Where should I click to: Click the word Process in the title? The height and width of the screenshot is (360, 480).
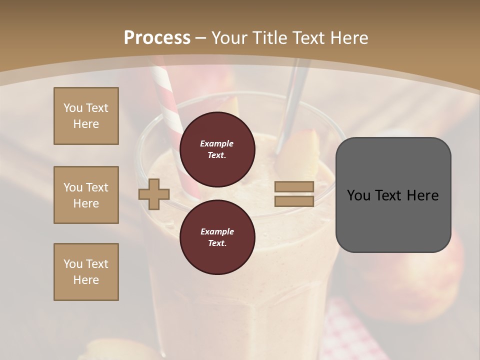(x=157, y=37)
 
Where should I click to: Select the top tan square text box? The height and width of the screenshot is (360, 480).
(x=86, y=116)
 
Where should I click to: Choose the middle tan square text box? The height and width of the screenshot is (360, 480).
(x=86, y=195)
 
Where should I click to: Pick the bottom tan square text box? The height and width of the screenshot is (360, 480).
(x=86, y=272)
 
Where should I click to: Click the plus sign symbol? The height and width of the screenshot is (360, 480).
(x=154, y=194)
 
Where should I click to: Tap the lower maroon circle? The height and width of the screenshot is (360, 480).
(x=217, y=237)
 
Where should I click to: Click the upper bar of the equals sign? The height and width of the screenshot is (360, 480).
(x=294, y=186)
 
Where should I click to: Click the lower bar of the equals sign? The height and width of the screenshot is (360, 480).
(x=294, y=201)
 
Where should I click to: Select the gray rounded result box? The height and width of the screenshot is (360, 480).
(x=393, y=195)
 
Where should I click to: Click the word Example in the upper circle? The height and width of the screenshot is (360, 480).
(x=217, y=143)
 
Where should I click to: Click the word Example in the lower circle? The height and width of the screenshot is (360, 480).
(x=217, y=231)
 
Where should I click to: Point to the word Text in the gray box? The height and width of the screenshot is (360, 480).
(x=392, y=195)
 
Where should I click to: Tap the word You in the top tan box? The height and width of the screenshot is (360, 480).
(x=73, y=108)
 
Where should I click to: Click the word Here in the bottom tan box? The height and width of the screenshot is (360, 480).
(x=86, y=280)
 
